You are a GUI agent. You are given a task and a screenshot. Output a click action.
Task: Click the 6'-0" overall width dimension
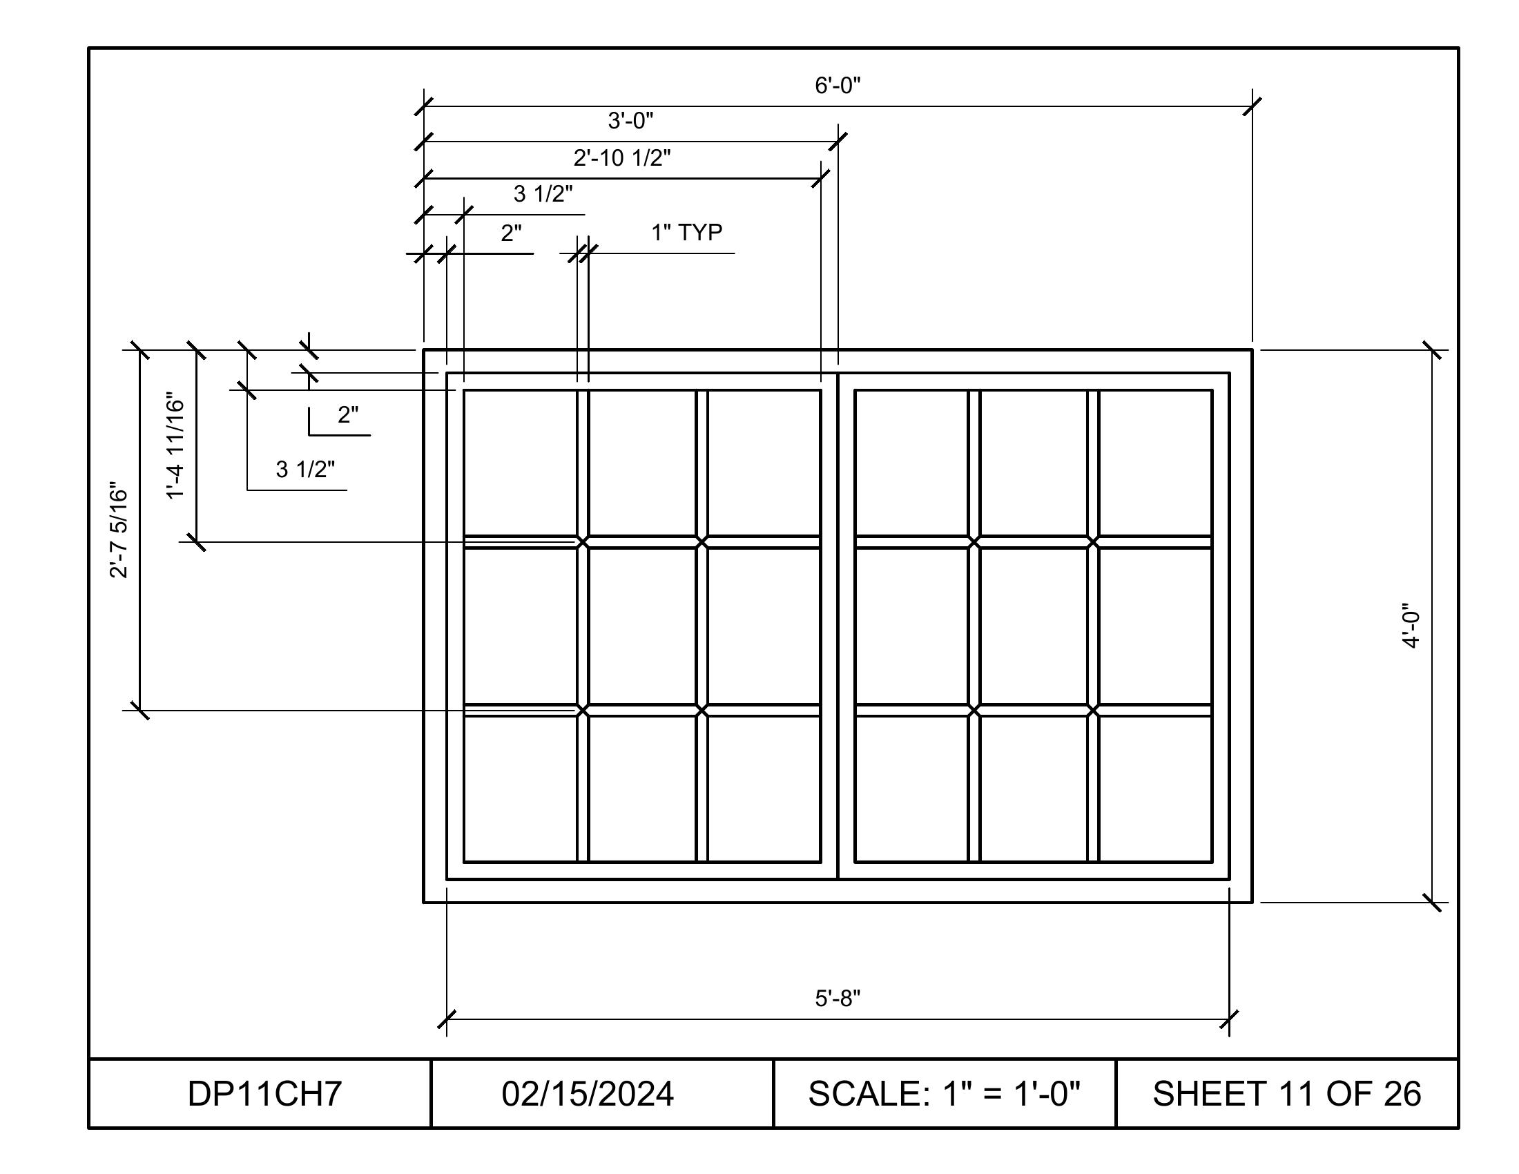click(x=838, y=86)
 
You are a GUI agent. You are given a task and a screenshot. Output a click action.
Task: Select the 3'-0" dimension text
click(x=631, y=121)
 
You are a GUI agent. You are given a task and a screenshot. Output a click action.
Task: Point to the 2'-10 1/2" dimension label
click(x=622, y=158)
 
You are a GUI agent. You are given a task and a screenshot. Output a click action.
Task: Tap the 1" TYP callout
click(x=686, y=232)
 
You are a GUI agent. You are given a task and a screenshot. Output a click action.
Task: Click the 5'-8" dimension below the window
click(x=838, y=999)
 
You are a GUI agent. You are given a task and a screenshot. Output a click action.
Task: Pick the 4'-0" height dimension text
click(x=1410, y=626)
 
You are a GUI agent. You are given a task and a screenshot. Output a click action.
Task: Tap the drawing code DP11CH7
click(x=264, y=1093)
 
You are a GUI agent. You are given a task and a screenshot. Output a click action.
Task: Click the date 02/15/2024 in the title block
click(x=588, y=1093)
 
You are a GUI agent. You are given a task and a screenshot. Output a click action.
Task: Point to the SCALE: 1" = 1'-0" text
click(x=944, y=1093)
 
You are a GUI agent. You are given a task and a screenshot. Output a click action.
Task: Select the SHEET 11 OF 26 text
click(x=1287, y=1093)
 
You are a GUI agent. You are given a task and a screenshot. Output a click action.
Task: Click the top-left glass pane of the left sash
click(x=520, y=463)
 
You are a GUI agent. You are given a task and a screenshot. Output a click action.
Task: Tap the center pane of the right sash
click(x=1034, y=626)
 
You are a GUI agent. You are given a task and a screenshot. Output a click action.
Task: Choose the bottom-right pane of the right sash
click(x=1155, y=789)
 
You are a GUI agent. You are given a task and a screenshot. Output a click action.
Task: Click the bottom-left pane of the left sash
click(x=520, y=789)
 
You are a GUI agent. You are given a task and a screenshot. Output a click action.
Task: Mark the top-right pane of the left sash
click(x=764, y=463)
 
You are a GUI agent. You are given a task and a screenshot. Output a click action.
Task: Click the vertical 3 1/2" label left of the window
click(x=305, y=470)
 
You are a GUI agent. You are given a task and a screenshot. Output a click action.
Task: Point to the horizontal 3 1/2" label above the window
click(x=543, y=194)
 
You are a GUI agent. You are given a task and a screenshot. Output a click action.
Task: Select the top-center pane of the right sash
click(x=1034, y=463)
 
